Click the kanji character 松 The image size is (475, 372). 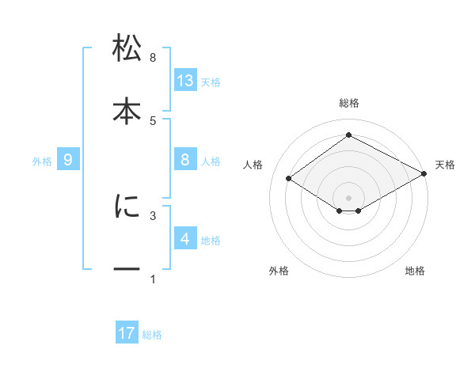coord(127,49)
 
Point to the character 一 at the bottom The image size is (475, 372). coord(127,269)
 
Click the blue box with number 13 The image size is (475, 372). coord(185,80)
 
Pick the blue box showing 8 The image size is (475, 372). coord(185,160)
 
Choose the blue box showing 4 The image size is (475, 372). coord(185,239)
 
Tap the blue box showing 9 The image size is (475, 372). coord(68,160)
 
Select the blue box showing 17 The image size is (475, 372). coord(127,333)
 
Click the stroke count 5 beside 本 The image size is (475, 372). coord(153,120)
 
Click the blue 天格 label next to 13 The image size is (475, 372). coord(211,82)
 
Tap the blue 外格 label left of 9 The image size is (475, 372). coord(42,161)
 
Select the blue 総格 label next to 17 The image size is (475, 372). coord(152,335)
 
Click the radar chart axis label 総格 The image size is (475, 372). coord(348,104)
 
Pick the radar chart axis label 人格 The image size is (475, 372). coord(253,165)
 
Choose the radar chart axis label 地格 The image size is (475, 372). coord(415,271)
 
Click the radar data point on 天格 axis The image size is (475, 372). coord(425,175)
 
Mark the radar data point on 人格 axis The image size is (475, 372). coord(289,179)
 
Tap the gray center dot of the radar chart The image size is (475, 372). coord(348,196)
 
